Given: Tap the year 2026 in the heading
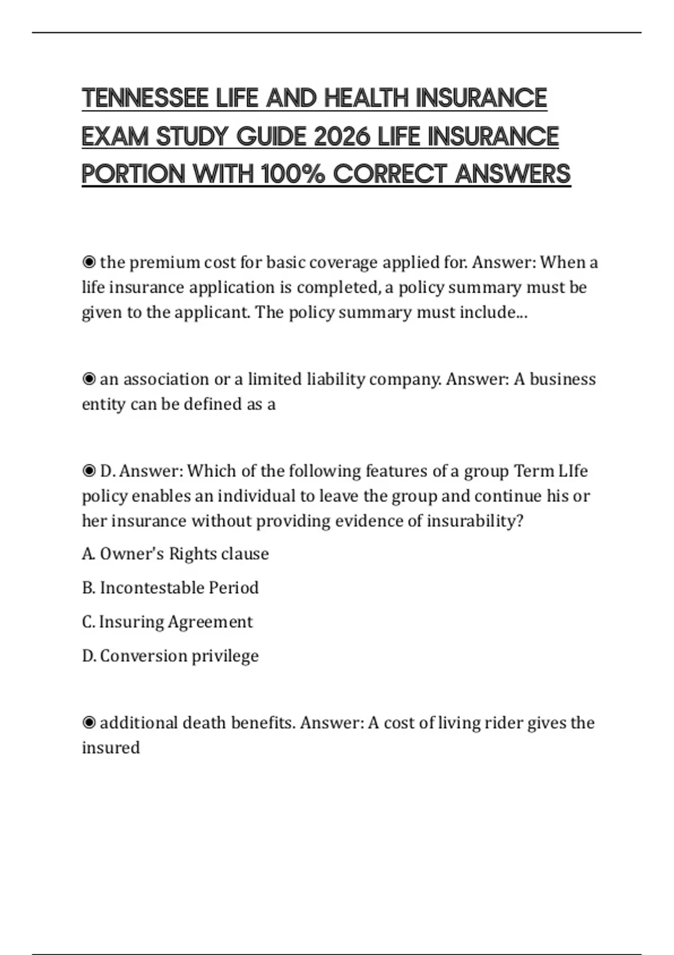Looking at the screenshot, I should click(342, 137).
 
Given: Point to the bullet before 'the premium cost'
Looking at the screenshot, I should click(89, 262).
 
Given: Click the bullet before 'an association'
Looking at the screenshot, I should click(89, 379).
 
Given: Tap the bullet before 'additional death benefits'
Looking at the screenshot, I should click(89, 722).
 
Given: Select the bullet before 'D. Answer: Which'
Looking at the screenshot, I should click(89, 471).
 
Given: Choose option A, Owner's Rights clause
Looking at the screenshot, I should click(175, 554).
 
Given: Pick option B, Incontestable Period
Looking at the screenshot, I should click(170, 588).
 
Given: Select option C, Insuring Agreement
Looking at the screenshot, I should click(167, 622).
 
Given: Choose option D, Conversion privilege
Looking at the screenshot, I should click(170, 656).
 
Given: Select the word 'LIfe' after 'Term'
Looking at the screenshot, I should click(573, 471).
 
